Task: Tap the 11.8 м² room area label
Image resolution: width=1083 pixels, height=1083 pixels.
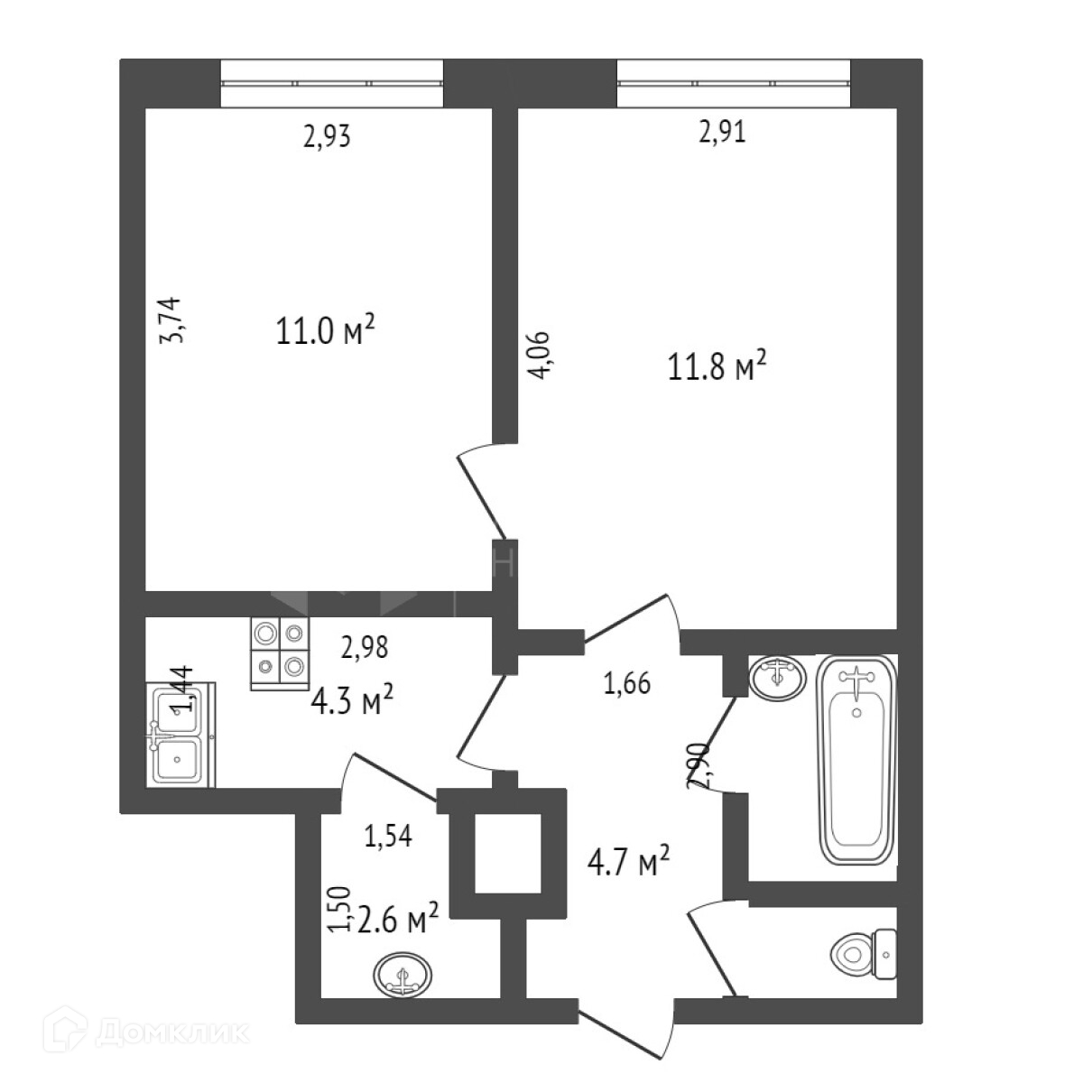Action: point(717,368)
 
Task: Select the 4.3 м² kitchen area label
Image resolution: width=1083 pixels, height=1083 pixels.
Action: point(352,699)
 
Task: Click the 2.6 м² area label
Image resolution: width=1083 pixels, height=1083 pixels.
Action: point(395,922)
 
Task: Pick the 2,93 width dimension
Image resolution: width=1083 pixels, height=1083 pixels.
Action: point(325,137)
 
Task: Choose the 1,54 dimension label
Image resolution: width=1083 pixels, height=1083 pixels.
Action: point(387,836)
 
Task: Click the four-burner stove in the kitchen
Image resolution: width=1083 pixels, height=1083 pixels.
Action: point(279,653)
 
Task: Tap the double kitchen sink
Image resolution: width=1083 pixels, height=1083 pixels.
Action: point(180,733)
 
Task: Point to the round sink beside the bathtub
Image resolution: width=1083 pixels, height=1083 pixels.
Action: point(777,677)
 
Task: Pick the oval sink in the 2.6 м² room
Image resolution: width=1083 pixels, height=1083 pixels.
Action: point(403,976)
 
